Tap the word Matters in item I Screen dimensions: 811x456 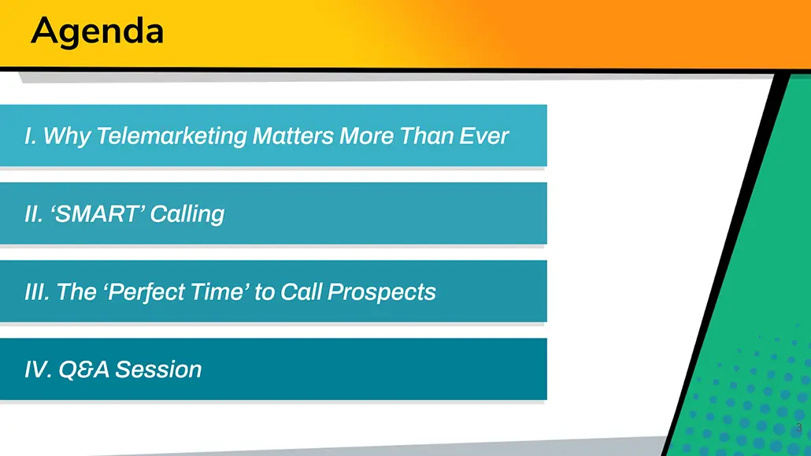coord(293,136)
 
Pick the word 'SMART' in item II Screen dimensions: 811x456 coord(97,213)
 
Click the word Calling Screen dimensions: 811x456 coord(187,214)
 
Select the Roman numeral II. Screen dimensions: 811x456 coord(34,213)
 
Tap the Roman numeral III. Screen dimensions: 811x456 coord(37,292)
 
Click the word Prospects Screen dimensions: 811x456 coord(382,292)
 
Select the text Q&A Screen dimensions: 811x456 coord(83,369)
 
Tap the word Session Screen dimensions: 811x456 coord(158,369)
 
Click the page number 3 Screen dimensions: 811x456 coord(799,428)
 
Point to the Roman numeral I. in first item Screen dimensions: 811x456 coord(31,136)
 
